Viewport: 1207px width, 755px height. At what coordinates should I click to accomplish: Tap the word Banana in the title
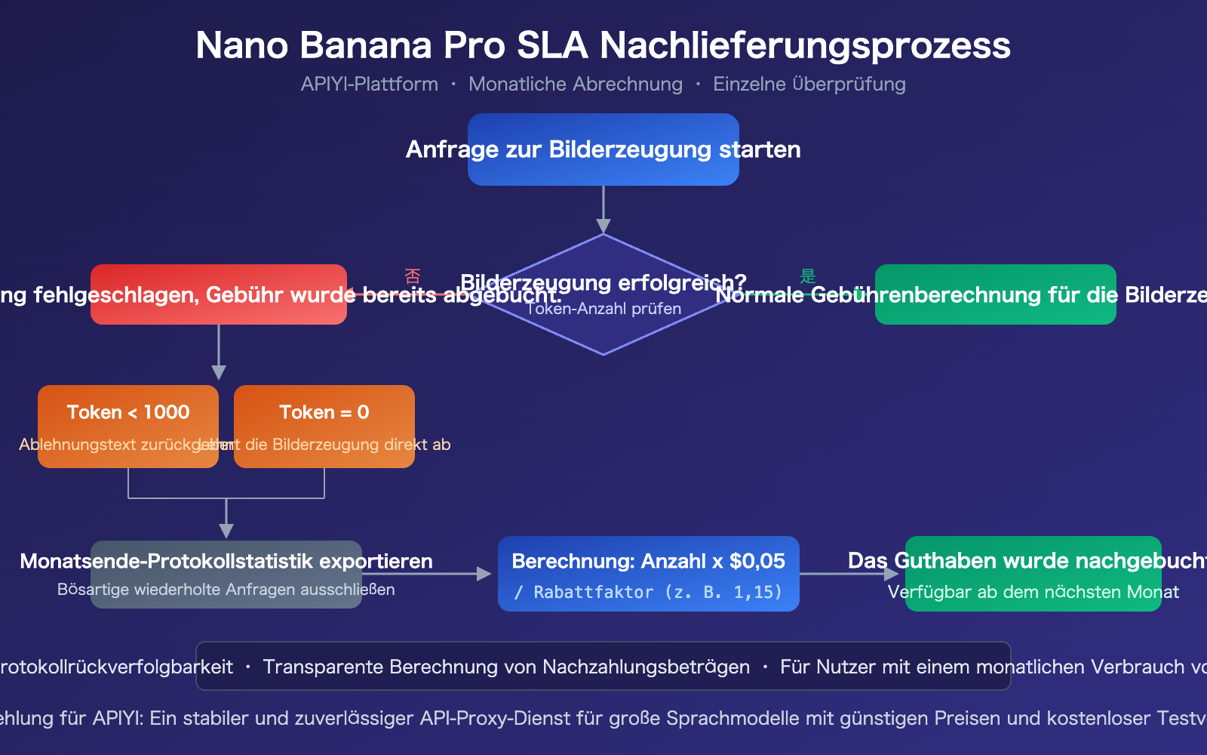366,45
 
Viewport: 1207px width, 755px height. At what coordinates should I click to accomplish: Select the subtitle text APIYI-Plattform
369,84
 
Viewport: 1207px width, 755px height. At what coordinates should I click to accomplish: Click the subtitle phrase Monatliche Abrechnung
575,84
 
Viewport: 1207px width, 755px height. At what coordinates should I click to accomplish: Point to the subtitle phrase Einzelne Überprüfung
809,84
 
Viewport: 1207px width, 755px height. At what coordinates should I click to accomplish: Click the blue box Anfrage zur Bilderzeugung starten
603,149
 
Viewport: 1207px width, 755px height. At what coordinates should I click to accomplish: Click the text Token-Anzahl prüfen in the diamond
603,309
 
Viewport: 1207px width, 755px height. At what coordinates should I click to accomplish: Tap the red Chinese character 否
412,276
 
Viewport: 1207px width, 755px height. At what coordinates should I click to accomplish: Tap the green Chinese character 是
808,276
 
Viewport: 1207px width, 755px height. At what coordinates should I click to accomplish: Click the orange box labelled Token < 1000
128,412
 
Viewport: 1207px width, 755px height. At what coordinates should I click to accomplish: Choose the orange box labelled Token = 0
324,412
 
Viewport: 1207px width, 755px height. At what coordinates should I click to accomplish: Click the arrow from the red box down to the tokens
219,352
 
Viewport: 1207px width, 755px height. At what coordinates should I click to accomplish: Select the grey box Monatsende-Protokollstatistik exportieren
226,562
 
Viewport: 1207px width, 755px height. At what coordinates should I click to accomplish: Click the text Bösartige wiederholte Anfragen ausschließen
226,590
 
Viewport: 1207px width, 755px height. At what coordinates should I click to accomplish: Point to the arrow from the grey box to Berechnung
427,574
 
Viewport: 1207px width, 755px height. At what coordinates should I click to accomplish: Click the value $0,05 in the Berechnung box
757,561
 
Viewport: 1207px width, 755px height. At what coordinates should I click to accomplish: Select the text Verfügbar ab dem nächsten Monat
1033,592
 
